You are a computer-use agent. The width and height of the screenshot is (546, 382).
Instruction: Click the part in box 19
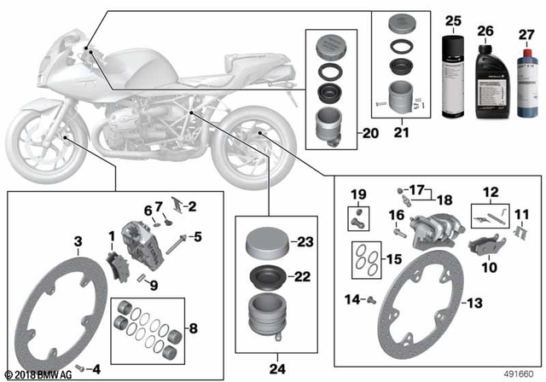pyautogui.click(x=358, y=217)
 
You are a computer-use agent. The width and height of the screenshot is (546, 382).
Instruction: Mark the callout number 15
pyautogui.click(x=393, y=258)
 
